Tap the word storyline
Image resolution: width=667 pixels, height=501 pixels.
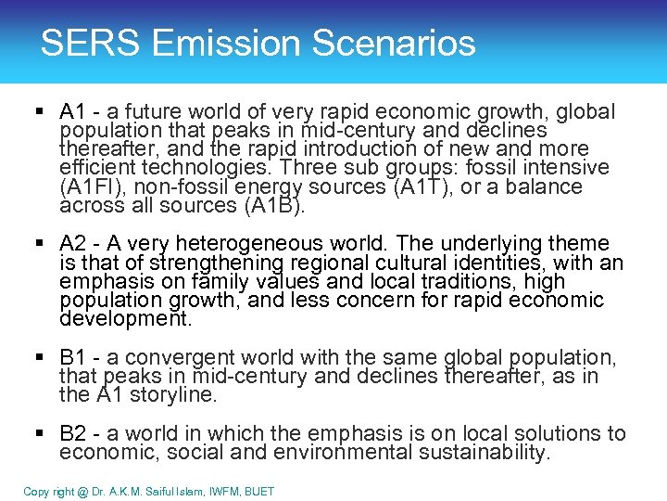coord(175,395)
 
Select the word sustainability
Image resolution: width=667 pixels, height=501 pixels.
coord(484,453)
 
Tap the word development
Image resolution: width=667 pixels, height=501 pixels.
coord(124,319)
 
